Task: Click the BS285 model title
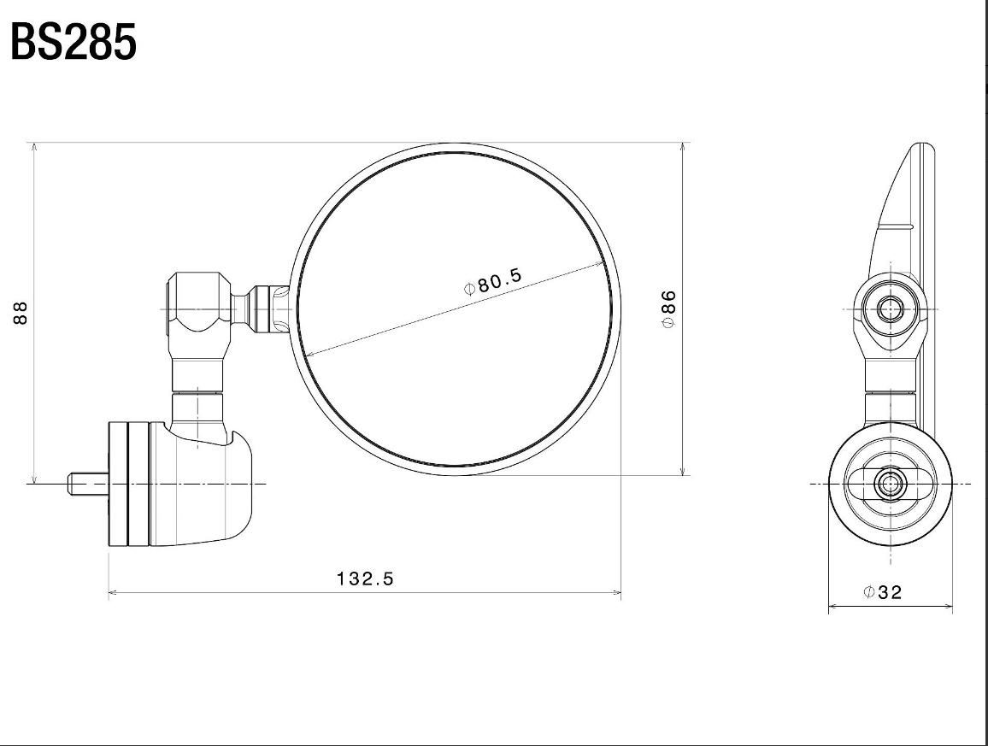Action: point(74,42)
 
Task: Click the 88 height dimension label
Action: point(21,313)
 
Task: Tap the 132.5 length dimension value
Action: point(365,579)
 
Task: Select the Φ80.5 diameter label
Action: point(493,281)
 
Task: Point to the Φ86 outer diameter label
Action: point(668,308)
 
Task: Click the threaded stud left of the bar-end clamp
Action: point(89,484)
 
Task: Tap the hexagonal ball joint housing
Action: point(198,303)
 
